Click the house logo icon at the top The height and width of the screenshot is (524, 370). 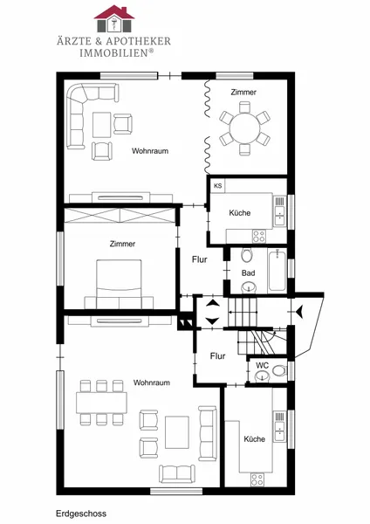click(113, 18)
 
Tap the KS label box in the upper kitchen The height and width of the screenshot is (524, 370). click(218, 186)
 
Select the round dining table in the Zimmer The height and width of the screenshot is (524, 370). click(244, 128)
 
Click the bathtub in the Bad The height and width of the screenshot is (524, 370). click(277, 271)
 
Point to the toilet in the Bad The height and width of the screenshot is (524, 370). click(247, 255)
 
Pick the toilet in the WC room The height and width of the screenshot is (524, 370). click(279, 370)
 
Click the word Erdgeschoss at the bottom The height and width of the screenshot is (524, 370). click(81, 514)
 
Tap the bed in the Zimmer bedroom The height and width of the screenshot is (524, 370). click(119, 284)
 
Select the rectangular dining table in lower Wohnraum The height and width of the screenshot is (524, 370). click(101, 403)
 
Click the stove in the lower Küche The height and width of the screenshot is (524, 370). click(257, 479)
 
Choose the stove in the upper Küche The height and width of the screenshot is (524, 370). click(259, 236)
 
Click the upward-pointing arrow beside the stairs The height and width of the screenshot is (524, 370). click(213, 303)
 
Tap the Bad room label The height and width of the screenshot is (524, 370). click(248, 273)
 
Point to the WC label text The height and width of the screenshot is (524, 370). click(262, 365)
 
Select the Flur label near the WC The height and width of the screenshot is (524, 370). click(218, 356)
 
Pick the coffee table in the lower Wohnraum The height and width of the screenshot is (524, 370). click(177, 432)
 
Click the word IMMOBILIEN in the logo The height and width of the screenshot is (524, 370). click(113, 52)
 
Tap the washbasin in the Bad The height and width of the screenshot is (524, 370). click(249, 286)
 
